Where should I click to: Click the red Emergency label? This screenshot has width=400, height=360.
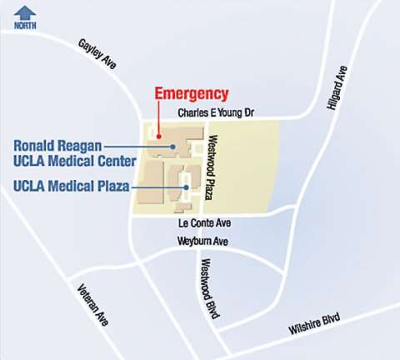tap(191, 93)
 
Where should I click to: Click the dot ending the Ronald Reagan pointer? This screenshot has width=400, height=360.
tap(172, 146)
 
